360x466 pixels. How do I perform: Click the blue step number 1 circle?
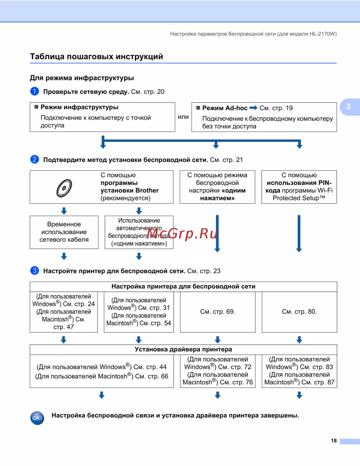[x=35, y=91]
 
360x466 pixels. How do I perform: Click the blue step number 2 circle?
[x=35, y=160]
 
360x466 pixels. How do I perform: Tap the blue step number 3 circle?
[x=35, y=271]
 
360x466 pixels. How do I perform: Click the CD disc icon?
[x=64, y=188]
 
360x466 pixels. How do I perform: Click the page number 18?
[x=334, y=441]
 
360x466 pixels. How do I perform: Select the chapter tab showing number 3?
[x=348, y=107]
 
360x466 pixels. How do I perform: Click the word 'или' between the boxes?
[x=183, y=117]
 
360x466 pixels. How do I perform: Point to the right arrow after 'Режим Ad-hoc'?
[x=253, y=108]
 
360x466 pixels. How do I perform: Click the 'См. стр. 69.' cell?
[x=217, y=312]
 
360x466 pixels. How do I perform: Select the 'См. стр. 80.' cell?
[x=299, y=312]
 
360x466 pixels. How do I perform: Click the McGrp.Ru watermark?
[x=183, y=234]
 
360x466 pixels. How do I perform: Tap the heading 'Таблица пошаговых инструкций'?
[x=96, y=57]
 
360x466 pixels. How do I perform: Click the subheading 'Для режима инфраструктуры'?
[x=82, y=78]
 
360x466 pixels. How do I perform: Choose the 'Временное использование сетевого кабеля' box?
[x=64, y=232]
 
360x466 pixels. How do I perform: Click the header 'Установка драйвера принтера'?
[x=183, y=349]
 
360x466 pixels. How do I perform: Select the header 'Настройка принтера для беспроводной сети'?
[x=183, y=287]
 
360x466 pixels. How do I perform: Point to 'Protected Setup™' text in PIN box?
[x=299, y=198]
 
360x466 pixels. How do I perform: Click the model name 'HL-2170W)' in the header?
[x=323, y=34]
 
